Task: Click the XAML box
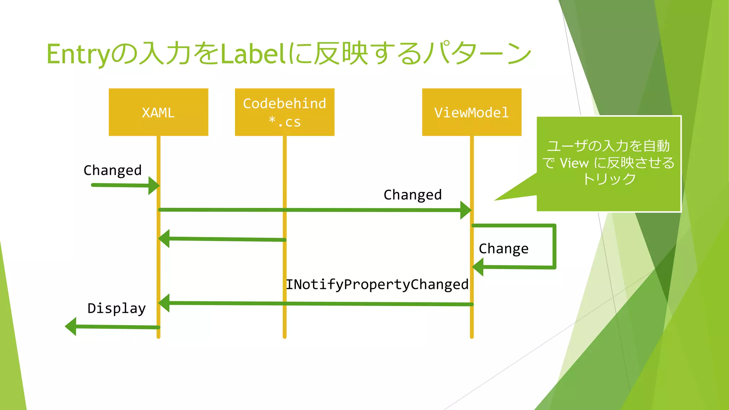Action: point(158,112)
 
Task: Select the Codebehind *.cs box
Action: point(284,112)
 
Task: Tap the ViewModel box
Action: point(472,112)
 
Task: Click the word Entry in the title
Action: point(78,54)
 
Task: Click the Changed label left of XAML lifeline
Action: point(112,170)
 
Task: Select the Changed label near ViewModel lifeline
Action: point(413,195)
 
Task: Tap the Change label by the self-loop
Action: point(503,248)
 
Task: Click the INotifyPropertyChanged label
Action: point(377,284)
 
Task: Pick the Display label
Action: point(117,308)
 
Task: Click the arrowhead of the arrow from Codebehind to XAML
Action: point(164,238)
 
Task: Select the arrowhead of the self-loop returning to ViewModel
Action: point(478,267)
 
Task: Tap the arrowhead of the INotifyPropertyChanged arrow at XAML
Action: point(164,303)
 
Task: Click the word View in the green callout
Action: point(574,163)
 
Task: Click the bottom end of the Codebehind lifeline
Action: point(284,336)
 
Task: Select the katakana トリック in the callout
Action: point(609,179)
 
